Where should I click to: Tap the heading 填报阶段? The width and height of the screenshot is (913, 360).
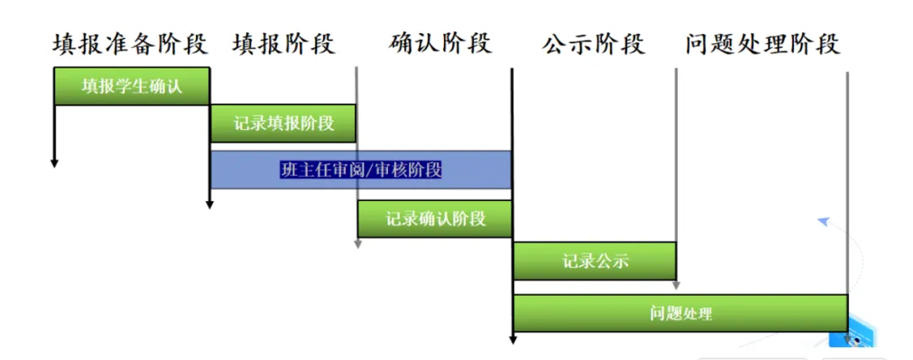tap(283, 44)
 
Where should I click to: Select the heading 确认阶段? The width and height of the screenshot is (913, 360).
tap(440, 44)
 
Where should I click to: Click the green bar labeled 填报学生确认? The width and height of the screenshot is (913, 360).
tap(131, 86)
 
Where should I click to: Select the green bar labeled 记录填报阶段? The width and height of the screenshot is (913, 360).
tap(283, 123)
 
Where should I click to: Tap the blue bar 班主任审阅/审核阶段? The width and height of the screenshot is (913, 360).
tap(361, 170)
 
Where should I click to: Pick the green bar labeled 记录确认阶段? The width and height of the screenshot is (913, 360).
tap(435, 219)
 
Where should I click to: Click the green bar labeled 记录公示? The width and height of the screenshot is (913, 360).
tap(594, 261)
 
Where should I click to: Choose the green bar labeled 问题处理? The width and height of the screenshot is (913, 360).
tap(681, 314)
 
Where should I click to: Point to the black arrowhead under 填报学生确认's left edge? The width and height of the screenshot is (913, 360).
tap(54, 162)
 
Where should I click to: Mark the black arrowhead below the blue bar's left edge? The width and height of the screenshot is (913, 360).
tap(210, 204)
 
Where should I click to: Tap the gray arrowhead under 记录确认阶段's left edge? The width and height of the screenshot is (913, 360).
tap(358, 245)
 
